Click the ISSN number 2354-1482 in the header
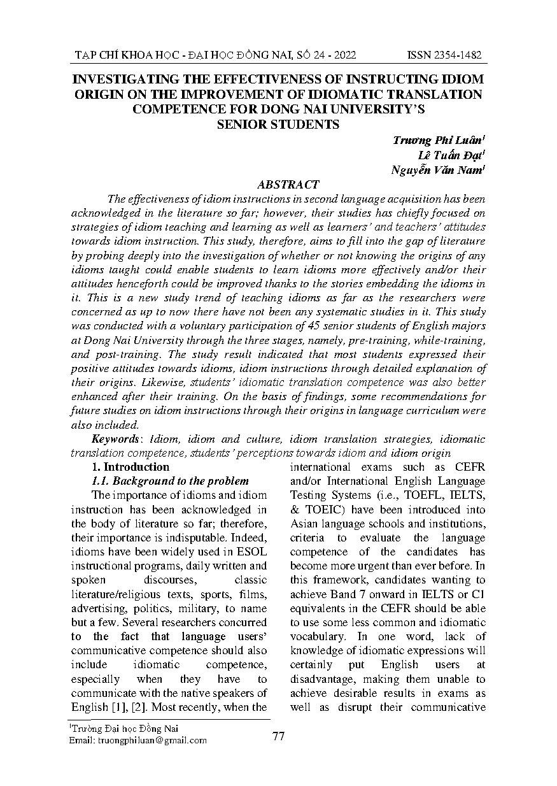click(x=444, y=56)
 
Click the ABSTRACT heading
click(x=288, y=184)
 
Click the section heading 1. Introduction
click(x=130, y=467)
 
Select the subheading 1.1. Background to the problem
click(x=170, y=481)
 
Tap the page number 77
click(x=278, y=736)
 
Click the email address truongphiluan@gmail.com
click(x=152, y=740)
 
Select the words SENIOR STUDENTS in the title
click(x=278, y=124)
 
